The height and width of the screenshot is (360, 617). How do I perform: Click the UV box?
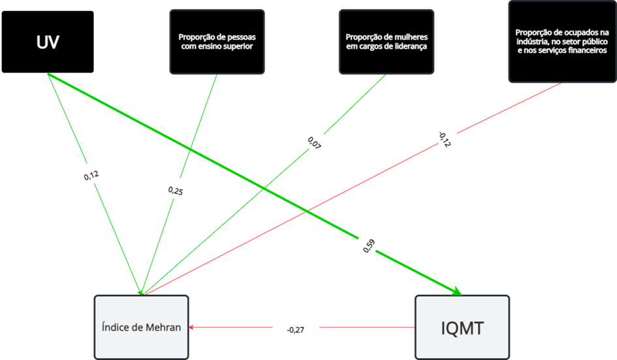coord(48,42)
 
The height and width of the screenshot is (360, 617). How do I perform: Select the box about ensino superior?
coord(217,41)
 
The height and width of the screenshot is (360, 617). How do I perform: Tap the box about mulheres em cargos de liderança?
coord(386,41)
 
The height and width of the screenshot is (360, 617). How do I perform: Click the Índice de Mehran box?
coord(141,327)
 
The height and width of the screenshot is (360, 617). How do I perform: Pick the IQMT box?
coord(462,327)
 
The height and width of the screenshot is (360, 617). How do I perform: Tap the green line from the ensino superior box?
coord(196,131)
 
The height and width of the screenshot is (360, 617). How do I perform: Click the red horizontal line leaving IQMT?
coord(366,327)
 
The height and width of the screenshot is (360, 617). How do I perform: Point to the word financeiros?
coord(586,50)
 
